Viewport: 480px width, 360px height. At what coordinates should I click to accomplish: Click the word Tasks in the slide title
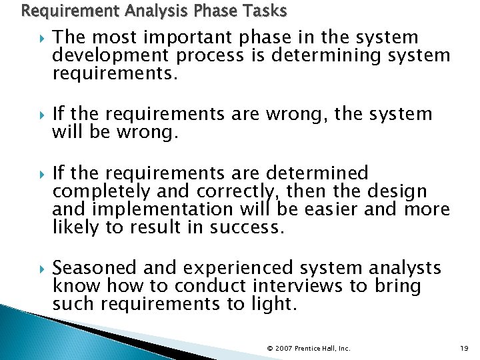[264, 11]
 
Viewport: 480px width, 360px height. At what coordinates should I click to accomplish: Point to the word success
[247, 227]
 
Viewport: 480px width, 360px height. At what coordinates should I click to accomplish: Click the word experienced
[237, 268]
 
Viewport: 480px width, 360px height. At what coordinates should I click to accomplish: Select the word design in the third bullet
[401, 192]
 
